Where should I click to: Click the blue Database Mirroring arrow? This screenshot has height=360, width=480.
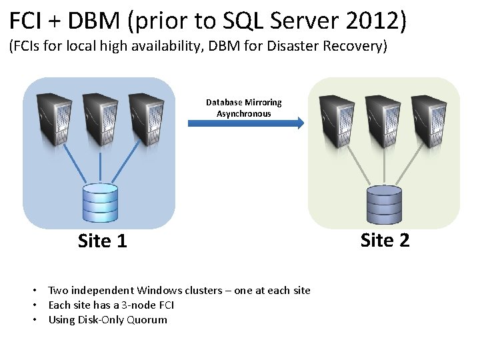(247, 123)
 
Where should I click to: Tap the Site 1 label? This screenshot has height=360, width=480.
(102, 241)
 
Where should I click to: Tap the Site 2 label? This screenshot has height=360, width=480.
(385, 240)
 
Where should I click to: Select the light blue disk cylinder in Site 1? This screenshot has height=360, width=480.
(100, 203)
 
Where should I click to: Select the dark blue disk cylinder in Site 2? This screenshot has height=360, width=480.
(384, 205)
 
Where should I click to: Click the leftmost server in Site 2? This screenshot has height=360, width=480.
(337, 121)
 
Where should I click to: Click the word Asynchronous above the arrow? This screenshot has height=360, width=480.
(244, 114)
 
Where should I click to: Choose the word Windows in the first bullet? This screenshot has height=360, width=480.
(158, 290)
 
